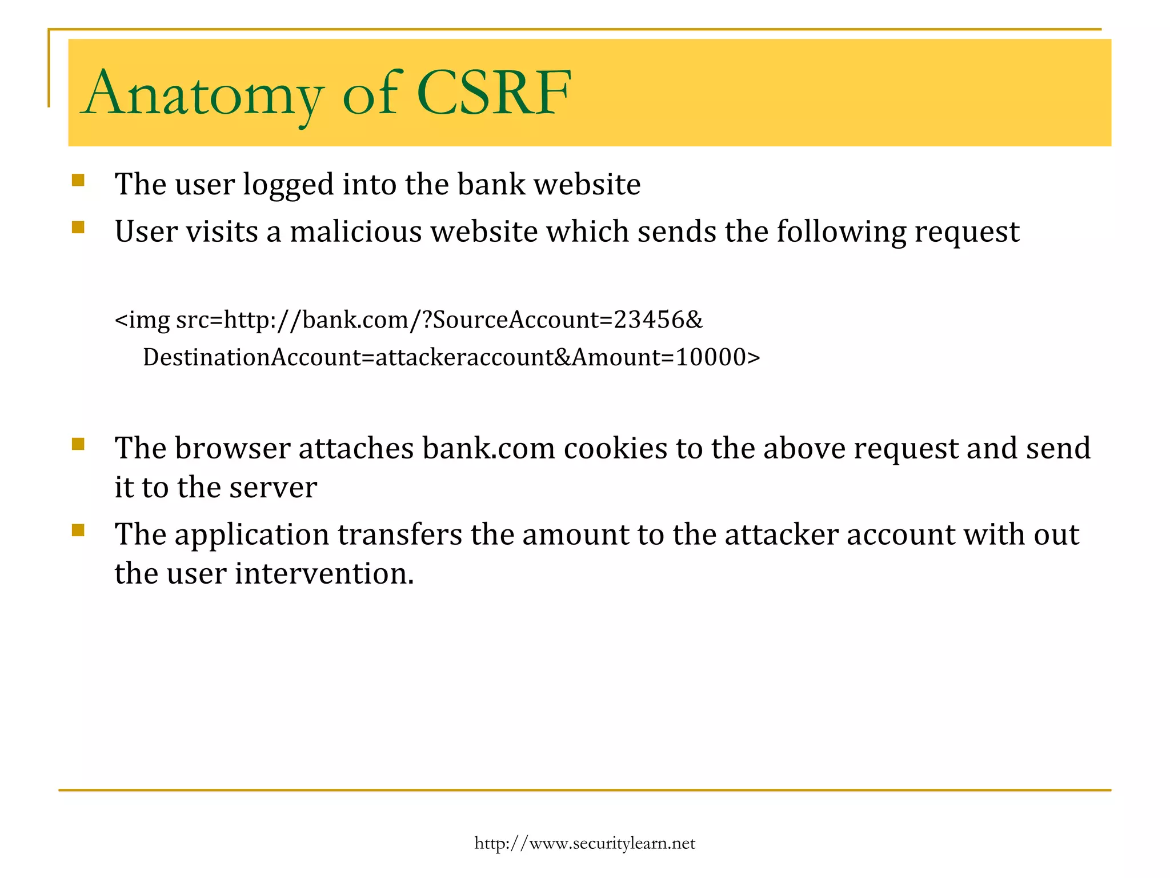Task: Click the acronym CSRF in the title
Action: [493, 93]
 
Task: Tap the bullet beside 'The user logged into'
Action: [78, 181]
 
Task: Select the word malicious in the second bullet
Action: [356, 232]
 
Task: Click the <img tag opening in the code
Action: [142, 320]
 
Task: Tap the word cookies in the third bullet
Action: [615, 448]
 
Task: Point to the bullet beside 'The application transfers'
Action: [78, 530]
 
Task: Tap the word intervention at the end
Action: [323, 573]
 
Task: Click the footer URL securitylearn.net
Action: [584, 843]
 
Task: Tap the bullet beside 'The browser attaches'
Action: [78, 444]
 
